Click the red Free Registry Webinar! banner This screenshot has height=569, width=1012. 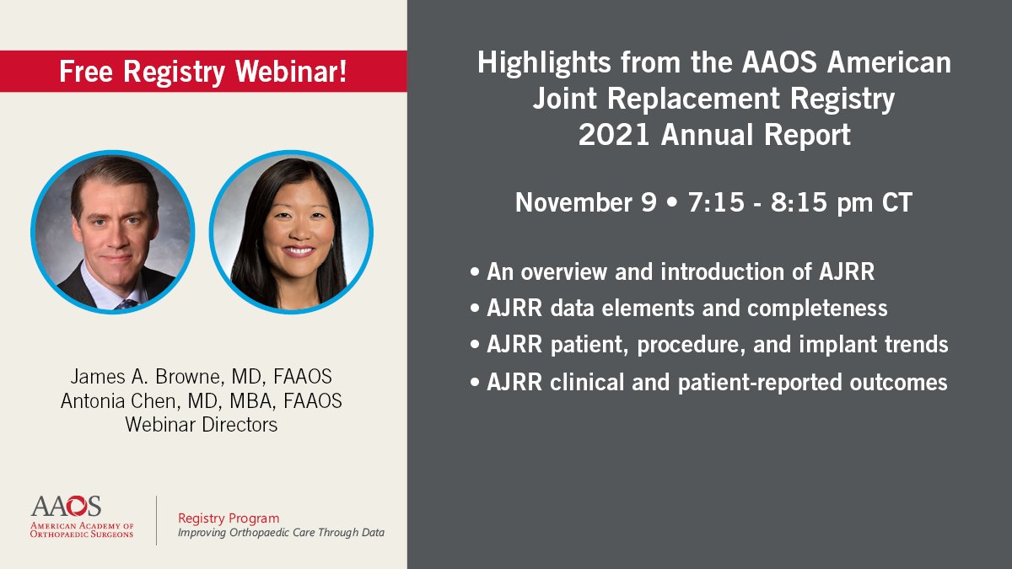(x=202, y=72)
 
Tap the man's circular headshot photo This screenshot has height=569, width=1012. (x=113, y=232)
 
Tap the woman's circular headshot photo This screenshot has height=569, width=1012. (x=291, y=232)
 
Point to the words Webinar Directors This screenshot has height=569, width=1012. (x=202, y=425)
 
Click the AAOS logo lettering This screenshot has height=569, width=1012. (x=66, y=506)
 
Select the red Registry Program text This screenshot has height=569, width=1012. (x=229, y=518)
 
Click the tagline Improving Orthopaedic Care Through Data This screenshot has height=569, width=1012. (x=281, y=534)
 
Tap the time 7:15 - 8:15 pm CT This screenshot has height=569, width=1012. (x=797, y=202)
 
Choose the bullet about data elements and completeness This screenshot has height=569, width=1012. (x=679, y=309)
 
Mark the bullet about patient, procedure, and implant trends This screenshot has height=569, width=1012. (x=708, y=345)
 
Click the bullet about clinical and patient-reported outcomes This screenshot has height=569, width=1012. (x=708, y=382)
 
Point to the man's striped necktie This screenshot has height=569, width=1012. (x=126, y=302)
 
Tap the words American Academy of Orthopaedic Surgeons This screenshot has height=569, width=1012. (x=82, y=529)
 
